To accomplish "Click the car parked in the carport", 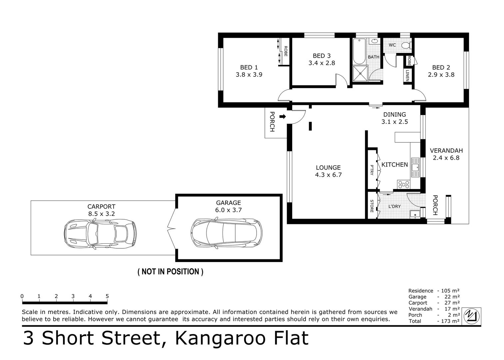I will pyautogui.click(x=100, y=234).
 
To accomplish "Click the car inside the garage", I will pyautogui.click(x=227, y=233).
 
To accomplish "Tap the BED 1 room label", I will pyautogui.click(x=249, y=67).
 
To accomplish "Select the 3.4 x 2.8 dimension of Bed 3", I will pyautogui.click(x=321, y=63).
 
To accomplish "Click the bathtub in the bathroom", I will pyautogui.click(x=359, y=51).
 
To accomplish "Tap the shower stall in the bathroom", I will pyautogui.click(x=360, y=73).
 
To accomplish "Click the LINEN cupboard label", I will pyautogui.click(x=407, y=75).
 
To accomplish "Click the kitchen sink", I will pyautogui.click(x=415, y=168).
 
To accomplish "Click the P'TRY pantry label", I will pyautogui.click(x=372, y=170).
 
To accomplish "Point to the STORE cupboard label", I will pyautogui.click(x=372, y=206).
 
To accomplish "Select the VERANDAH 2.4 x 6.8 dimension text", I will pyautogui.click(x=446, y=158).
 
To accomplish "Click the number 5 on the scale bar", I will pyautogui.click(x=107, y=296).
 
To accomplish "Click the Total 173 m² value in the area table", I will pyautogui.click(x=449, y=321).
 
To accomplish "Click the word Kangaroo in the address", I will pyautogui.click(x=220, y=338).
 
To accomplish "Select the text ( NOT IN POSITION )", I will pyautogui.click(x=170, y=272).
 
